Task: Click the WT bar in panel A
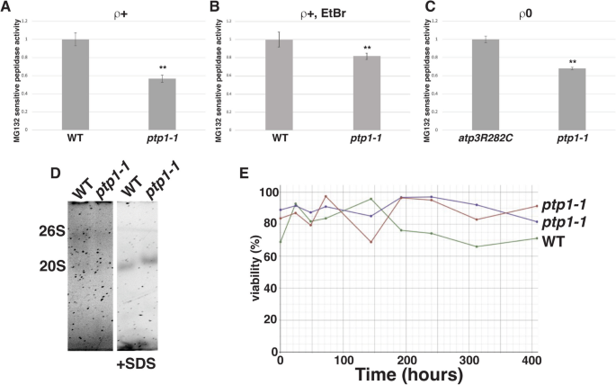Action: click(76, 85)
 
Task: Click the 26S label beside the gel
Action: click(42, 228)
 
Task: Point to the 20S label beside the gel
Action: click(42, 265)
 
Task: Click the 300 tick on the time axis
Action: click(476, 360)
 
